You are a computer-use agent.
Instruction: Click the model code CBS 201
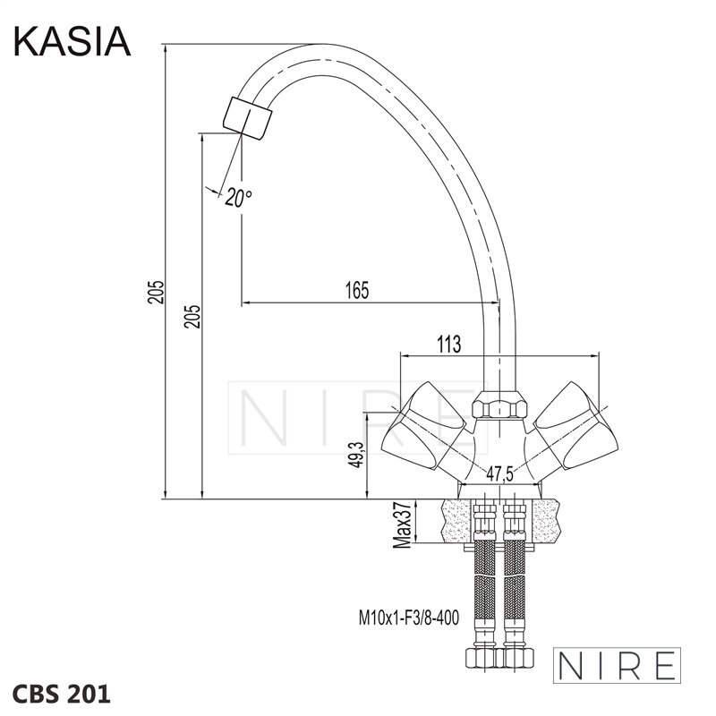pyautogui.click(x=61, y=694)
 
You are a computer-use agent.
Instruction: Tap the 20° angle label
pyautogui.click(x=238, y=198)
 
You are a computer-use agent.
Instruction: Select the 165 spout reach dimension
pyautogui.click(x=356, y=289)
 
